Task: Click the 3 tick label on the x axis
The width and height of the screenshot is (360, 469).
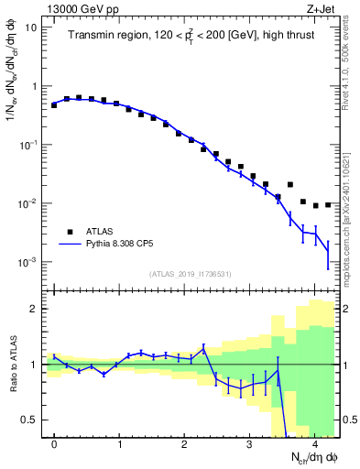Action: pos(249,443)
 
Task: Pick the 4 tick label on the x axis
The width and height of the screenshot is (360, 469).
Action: pos(314,443)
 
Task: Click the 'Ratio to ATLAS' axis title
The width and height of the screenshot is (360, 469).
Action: pos(12,365)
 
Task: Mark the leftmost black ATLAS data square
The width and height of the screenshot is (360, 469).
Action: pos(54,105)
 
